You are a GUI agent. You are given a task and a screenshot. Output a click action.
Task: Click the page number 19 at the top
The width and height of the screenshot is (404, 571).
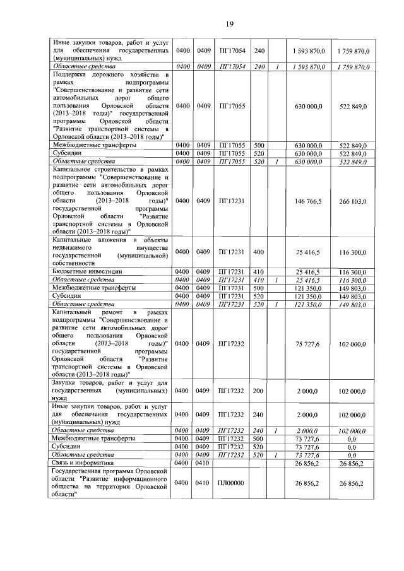click(230, 24)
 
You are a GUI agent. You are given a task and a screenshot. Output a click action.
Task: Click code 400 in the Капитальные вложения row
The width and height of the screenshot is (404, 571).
click(259, 251)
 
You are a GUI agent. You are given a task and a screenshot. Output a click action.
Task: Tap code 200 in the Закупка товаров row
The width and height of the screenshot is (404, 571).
click(259, 391)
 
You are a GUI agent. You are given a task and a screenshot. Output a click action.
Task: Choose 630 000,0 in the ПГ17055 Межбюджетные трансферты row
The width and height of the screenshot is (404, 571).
click(309, 145)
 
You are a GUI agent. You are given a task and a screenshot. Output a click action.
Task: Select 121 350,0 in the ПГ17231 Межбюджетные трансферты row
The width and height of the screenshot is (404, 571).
click(309, 287)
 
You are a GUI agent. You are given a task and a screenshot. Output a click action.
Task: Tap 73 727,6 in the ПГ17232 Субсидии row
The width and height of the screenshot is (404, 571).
click(309, 446)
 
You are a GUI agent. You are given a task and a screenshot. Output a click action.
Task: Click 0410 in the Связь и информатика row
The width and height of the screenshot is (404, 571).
click(202, 462)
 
